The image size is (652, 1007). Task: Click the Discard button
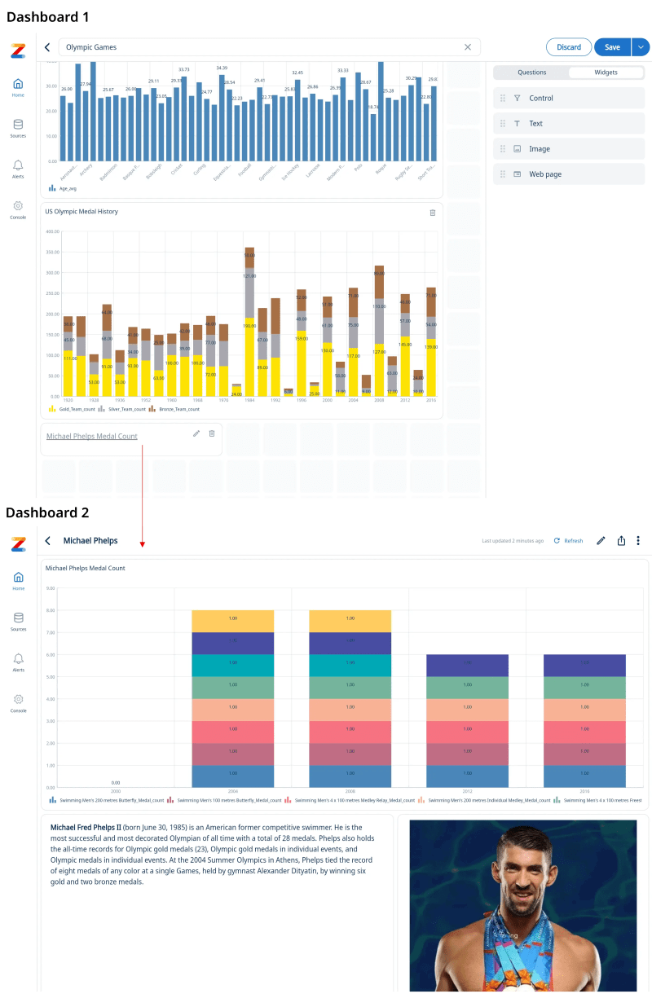coord(569,47)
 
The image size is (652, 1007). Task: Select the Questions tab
coord(532,73)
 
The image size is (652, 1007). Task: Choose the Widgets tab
coord(606,73)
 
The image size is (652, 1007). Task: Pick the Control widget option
coord(541,98)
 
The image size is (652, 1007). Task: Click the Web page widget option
coord(545,174)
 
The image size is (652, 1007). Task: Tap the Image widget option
coord(540,149)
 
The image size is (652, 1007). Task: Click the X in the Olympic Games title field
coord(468,47)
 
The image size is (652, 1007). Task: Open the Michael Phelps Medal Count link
coord(92,436)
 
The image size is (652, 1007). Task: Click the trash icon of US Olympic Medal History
coord(433,213)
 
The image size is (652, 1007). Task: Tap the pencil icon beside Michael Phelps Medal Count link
coord(196,433)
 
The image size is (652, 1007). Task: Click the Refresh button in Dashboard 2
coord(569,541)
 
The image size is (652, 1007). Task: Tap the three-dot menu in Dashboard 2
coord(638,540)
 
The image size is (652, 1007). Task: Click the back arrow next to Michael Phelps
coord(48,541)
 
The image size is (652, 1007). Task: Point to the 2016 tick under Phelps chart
coord(584,791)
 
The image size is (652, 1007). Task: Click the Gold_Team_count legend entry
coord(73,409)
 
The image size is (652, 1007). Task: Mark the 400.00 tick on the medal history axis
coord(54,231)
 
